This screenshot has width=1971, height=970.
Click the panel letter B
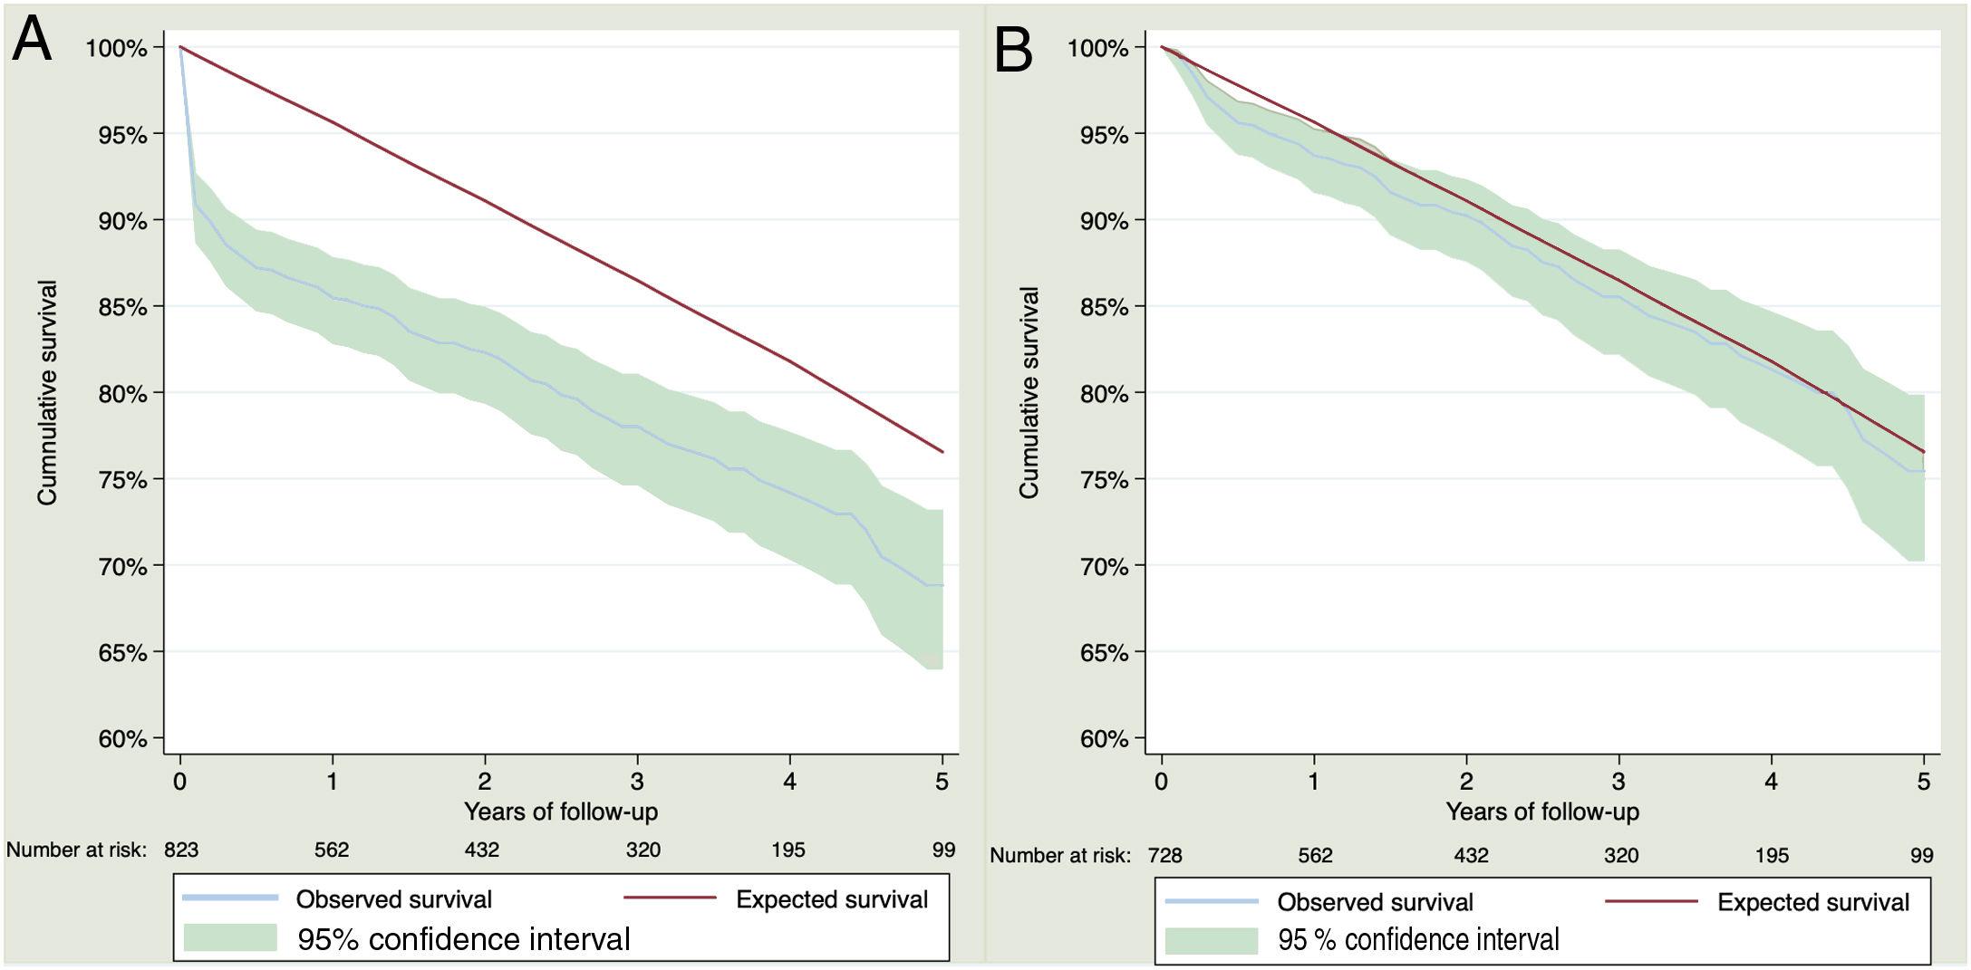[x=1013, y=49]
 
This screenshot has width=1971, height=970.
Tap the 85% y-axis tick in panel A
[x=122, y=307]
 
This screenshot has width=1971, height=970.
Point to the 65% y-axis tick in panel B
[x=1104, y=653]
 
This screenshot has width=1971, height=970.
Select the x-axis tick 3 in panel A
[x=637, y=781]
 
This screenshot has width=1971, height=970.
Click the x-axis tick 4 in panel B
[x=1771, y=781]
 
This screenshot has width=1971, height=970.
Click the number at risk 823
[x=181, y=850]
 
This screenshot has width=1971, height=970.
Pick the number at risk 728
[x=1164, y=855]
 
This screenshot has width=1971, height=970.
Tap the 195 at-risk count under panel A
[x=787, y=850]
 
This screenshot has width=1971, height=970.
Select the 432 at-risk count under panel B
[x=1471, y=855]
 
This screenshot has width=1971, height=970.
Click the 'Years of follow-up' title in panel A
[x=561, y=812]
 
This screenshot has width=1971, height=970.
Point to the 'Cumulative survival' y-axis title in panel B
[x=1029, y=393]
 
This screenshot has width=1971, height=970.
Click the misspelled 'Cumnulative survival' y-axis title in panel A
[x=47, y=393]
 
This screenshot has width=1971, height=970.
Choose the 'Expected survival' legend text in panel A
[x=831, y=899]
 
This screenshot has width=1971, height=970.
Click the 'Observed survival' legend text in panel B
[x=1375, y=902]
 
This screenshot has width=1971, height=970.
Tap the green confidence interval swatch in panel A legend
[x=230, y=937]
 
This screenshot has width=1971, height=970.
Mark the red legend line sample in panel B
[x=1650, y=901]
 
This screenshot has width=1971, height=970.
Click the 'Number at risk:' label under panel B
[x=1059, y=855]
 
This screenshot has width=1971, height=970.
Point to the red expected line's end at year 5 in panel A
[x=942, y=452]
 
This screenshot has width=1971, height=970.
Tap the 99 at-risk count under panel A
[x=943, y=850]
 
